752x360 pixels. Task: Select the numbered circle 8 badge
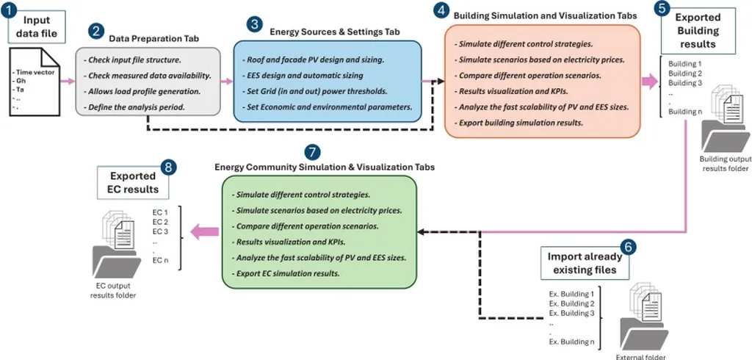(x=170, y=168)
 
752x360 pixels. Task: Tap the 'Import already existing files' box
(x=584, y=264)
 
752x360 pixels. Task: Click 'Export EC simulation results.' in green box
(x=286, y=273)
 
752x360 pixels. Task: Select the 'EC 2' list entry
(x=161, y=221)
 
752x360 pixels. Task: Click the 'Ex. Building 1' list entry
(x=571, y=294)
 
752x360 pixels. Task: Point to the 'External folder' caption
(x=641, y=356)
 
